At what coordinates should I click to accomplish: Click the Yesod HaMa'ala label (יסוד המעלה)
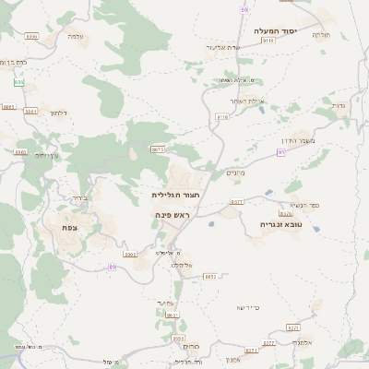pos(276,30)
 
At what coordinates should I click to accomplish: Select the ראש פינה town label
pos(173,214)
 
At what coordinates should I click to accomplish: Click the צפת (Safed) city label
pos(69,228)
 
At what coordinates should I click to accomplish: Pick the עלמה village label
pos(76,36)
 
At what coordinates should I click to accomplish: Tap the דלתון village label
pos(57,113)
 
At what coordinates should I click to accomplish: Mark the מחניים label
pos(236,173)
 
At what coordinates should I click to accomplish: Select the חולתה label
pos(321,34)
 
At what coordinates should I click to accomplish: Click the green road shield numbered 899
pos(19,82)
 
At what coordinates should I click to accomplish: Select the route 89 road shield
pos(113,267)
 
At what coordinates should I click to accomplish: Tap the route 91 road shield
pos(244,9)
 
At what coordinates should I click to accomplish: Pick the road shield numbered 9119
pos(268,41)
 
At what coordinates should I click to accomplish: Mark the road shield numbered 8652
pos(210,276)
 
